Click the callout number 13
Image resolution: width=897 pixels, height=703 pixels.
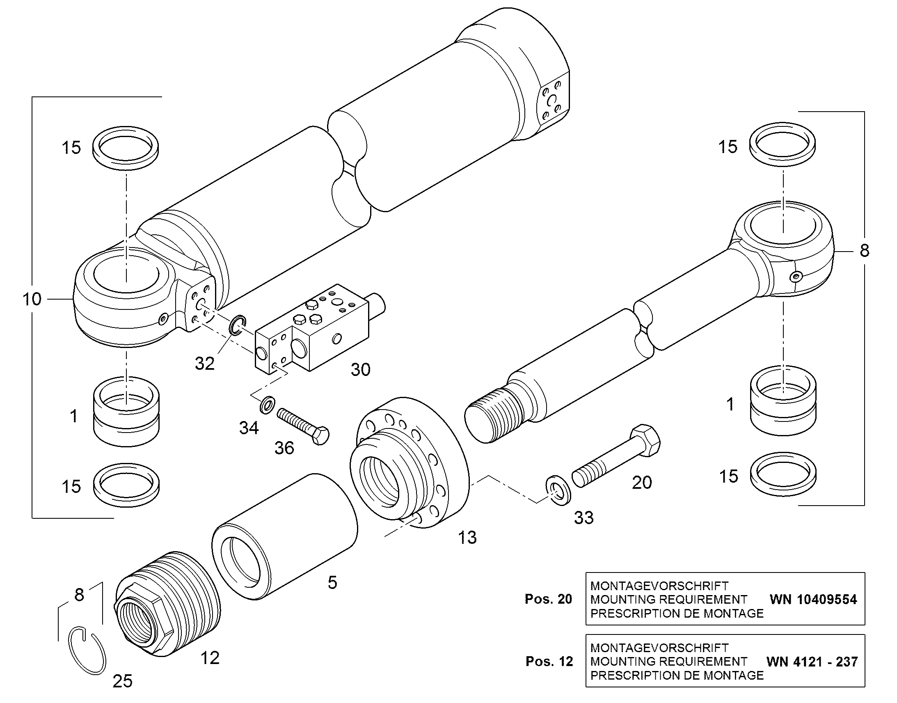(x=467, y=538)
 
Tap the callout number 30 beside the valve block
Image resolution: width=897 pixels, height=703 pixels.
(x=360, y=370)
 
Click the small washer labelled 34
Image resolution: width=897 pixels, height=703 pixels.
(x=268, y=405)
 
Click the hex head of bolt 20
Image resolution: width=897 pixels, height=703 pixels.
(x=644, y=441)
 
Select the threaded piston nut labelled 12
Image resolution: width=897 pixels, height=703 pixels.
(x=167, y=604)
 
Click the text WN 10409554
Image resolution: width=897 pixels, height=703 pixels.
(x=813, y=599)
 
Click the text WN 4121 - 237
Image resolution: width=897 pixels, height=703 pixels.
(x=812, y=662)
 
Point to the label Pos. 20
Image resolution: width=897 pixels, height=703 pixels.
(x=549, y=599)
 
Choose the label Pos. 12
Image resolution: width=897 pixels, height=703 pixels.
(x=549, y=662)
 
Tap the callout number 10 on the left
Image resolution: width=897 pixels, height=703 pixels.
(x=32, y=299)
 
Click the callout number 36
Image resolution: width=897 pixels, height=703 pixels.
(x=284, y=448)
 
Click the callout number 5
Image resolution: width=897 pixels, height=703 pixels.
(x=332, y=582)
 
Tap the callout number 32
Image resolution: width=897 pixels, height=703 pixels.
(x=204, y=364)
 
